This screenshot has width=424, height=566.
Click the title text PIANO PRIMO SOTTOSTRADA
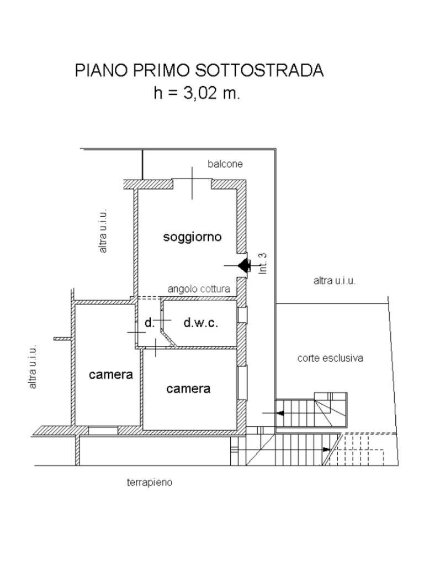click(x=199, y=70)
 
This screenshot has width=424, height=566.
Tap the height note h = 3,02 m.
click(x=197, y=93)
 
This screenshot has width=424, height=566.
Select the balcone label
click(x=225, y=164)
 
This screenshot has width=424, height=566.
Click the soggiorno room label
click(x=192, y=237)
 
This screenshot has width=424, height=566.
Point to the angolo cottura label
click(x=199, y=289)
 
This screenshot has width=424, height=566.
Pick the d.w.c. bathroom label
click(x=200, y=323)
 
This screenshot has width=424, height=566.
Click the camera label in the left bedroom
click(x=111, y=374)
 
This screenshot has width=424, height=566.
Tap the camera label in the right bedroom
click(x=188, y=389)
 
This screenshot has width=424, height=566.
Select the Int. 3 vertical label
click(x=263, y=263)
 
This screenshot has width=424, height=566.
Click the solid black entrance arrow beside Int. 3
click(x=243, y=266)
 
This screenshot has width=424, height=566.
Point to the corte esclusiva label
click(x=330, y=358)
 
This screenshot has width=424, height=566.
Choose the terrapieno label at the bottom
click(x=150, y=483)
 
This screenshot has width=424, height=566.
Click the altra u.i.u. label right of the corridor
click(x=335, y=281)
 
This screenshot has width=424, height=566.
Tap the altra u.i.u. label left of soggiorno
click(x=103, y=231)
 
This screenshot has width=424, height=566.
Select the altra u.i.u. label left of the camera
click(x=33, y=366)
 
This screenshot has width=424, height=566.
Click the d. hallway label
click(x=149, y=323)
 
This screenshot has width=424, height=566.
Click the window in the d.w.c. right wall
click(x=242, y=315)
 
